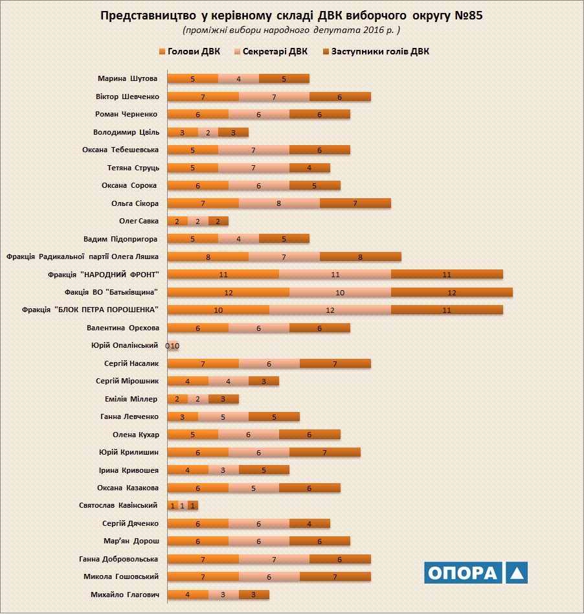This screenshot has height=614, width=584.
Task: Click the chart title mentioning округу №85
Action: pos(292,16)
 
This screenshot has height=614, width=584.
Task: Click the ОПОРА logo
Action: pos(476,573)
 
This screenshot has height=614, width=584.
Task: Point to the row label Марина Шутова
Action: pos(128,79)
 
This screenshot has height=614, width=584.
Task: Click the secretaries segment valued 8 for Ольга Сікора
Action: pos(279,203)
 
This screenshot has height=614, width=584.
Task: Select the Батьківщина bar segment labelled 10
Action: pos(340,292)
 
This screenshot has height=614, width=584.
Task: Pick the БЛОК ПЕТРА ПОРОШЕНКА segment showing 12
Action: pos(330,310)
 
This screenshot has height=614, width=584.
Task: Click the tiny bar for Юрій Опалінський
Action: pos(174,346)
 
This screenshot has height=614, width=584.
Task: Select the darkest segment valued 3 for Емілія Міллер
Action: pos(223,399)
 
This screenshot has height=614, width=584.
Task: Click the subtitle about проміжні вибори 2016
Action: pos(291,30)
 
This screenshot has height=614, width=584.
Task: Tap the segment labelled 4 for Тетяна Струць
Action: pos(309,168)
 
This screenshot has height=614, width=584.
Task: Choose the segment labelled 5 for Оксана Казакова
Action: pos(254,488)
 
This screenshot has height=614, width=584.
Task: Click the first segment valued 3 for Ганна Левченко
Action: pos(183,416)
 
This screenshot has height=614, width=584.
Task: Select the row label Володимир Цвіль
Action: pos(126,132)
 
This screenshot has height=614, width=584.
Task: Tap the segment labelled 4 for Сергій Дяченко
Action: pos(309,523)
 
